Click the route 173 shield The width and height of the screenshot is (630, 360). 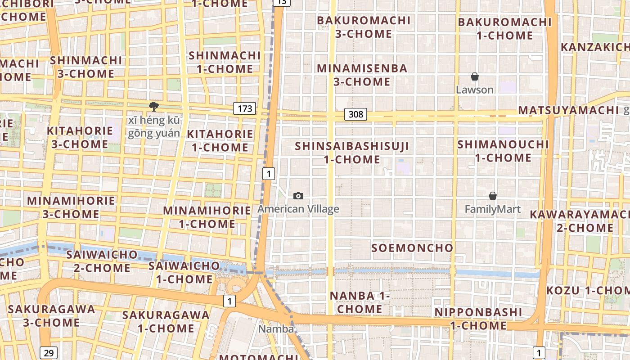pyautogui.click(x=245, y=108)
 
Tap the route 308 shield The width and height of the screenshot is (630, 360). pyautogui.click(x=355, y=114)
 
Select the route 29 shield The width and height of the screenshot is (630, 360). pyautogui.click(x=49, y=353)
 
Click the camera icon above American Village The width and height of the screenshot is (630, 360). pyautogui.click(x=298, y=196)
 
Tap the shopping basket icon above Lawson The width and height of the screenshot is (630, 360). pyautogui.click(x=474, y=76)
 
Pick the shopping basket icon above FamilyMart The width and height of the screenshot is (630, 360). pyautogui.click(x=493, y=196)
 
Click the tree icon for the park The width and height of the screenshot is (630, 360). pyautogui.click(x=154, y=107)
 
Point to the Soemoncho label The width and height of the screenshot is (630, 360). pyautogui.click(x=412, y=248)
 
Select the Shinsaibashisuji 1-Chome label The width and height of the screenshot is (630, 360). pyautogui.click(x=352, y=153)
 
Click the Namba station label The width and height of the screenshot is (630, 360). pyautogui.click(x=276, y=329)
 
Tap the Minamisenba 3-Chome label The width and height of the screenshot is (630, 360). pyautogui.click(x=362, y=75)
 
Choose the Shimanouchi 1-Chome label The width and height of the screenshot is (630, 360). pyautogui.click(x=503, y=151)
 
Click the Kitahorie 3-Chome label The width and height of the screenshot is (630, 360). pyautogui.click(x=80, y=138)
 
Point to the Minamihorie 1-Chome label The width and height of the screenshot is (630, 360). pyautogui.click(x=207, y=217)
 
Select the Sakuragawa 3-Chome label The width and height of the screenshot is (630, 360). pyautogui.click(x=51, y=316)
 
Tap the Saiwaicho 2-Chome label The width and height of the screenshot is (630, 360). pyautogui.click(x=102, y=261)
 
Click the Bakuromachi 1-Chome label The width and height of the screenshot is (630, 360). pyautogui.click(x=504, y=29)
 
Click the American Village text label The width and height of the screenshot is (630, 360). pyautogui.click(x=298, y=209)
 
